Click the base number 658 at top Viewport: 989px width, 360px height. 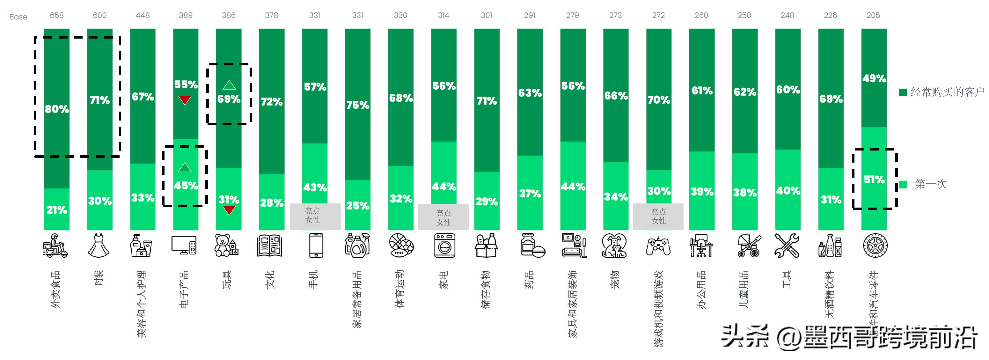[57, 15]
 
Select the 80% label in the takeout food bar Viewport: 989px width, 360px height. [57, 109]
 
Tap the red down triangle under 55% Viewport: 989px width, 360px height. [185, 100]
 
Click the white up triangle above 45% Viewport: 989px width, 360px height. [185, 167]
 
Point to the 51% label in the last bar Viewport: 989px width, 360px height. [874, 180]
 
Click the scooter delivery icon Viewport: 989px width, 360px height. [56, 245]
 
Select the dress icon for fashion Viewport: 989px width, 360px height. [99, 245]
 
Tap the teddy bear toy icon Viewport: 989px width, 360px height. [226, 246]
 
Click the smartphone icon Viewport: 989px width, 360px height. [316, 245]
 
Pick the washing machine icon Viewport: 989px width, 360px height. [444, 246]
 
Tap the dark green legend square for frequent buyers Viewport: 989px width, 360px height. [903, 92]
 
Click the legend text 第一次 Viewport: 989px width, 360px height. [931, 184]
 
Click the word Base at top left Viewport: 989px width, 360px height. [18, 17]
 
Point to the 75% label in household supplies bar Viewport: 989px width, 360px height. [358, 105]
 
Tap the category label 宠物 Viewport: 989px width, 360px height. [615, 280]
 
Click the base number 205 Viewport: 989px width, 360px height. [873, 15]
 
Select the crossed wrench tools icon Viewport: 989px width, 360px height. [787, 246]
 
